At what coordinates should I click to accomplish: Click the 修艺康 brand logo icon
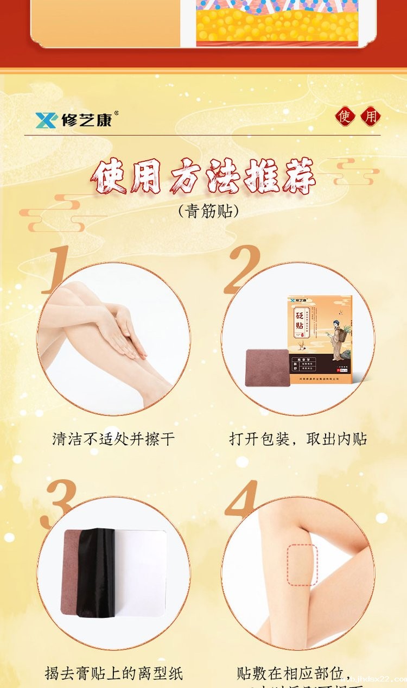tap(46, 119)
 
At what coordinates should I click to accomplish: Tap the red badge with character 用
tap(371, 116)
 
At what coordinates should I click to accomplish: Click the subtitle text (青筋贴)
tap(208, 211)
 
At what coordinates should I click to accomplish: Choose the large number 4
tap(241, 500)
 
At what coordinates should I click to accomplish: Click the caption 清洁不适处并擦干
tap(113, 439)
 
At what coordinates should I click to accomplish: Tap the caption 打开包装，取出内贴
tap(298, 439)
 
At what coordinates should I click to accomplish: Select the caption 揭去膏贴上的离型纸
tap(113, 674)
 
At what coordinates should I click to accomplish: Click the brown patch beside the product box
tap(267, 367)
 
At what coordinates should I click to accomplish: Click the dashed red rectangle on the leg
tap(302, 565)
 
